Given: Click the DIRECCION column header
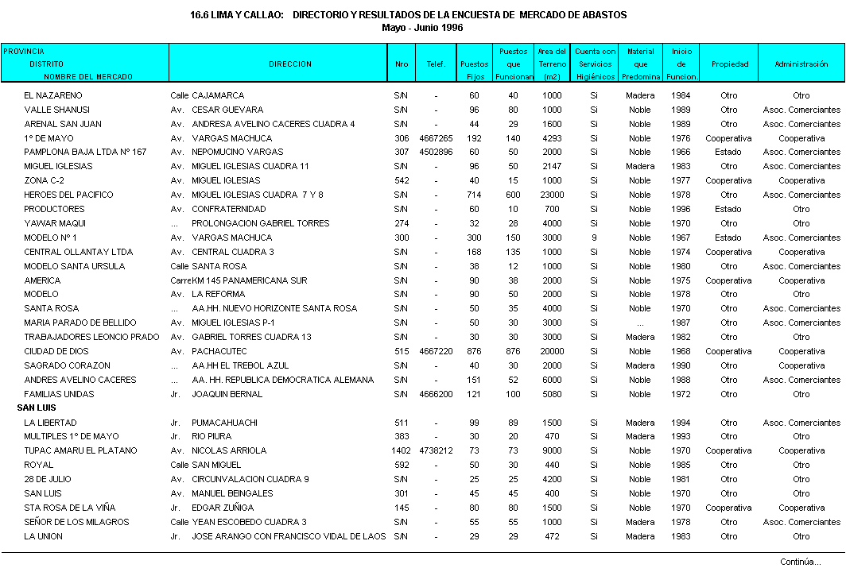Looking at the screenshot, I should (289, 64).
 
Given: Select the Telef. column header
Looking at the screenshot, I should (436, 64).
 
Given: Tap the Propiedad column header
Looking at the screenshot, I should (729, 64).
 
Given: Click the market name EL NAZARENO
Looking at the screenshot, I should (52, 95).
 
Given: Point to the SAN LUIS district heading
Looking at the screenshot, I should (37, 408).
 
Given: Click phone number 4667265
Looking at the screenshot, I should (436, 138).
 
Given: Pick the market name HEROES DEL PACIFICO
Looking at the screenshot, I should (68, 195).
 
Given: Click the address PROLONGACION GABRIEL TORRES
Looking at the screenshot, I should (260, 223).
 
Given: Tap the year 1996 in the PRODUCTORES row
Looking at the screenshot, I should (681, 209).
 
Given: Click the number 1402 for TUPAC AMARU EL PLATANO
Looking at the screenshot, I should (401, 450).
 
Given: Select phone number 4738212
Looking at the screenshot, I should (436, 450).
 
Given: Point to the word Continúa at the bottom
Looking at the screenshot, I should (800, 562).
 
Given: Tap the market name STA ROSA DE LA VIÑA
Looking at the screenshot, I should (69, 508).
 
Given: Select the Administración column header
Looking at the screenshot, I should (801, 64).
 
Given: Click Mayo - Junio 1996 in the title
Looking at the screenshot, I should (422, 27).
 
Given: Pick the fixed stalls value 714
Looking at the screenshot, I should (474, 195).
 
